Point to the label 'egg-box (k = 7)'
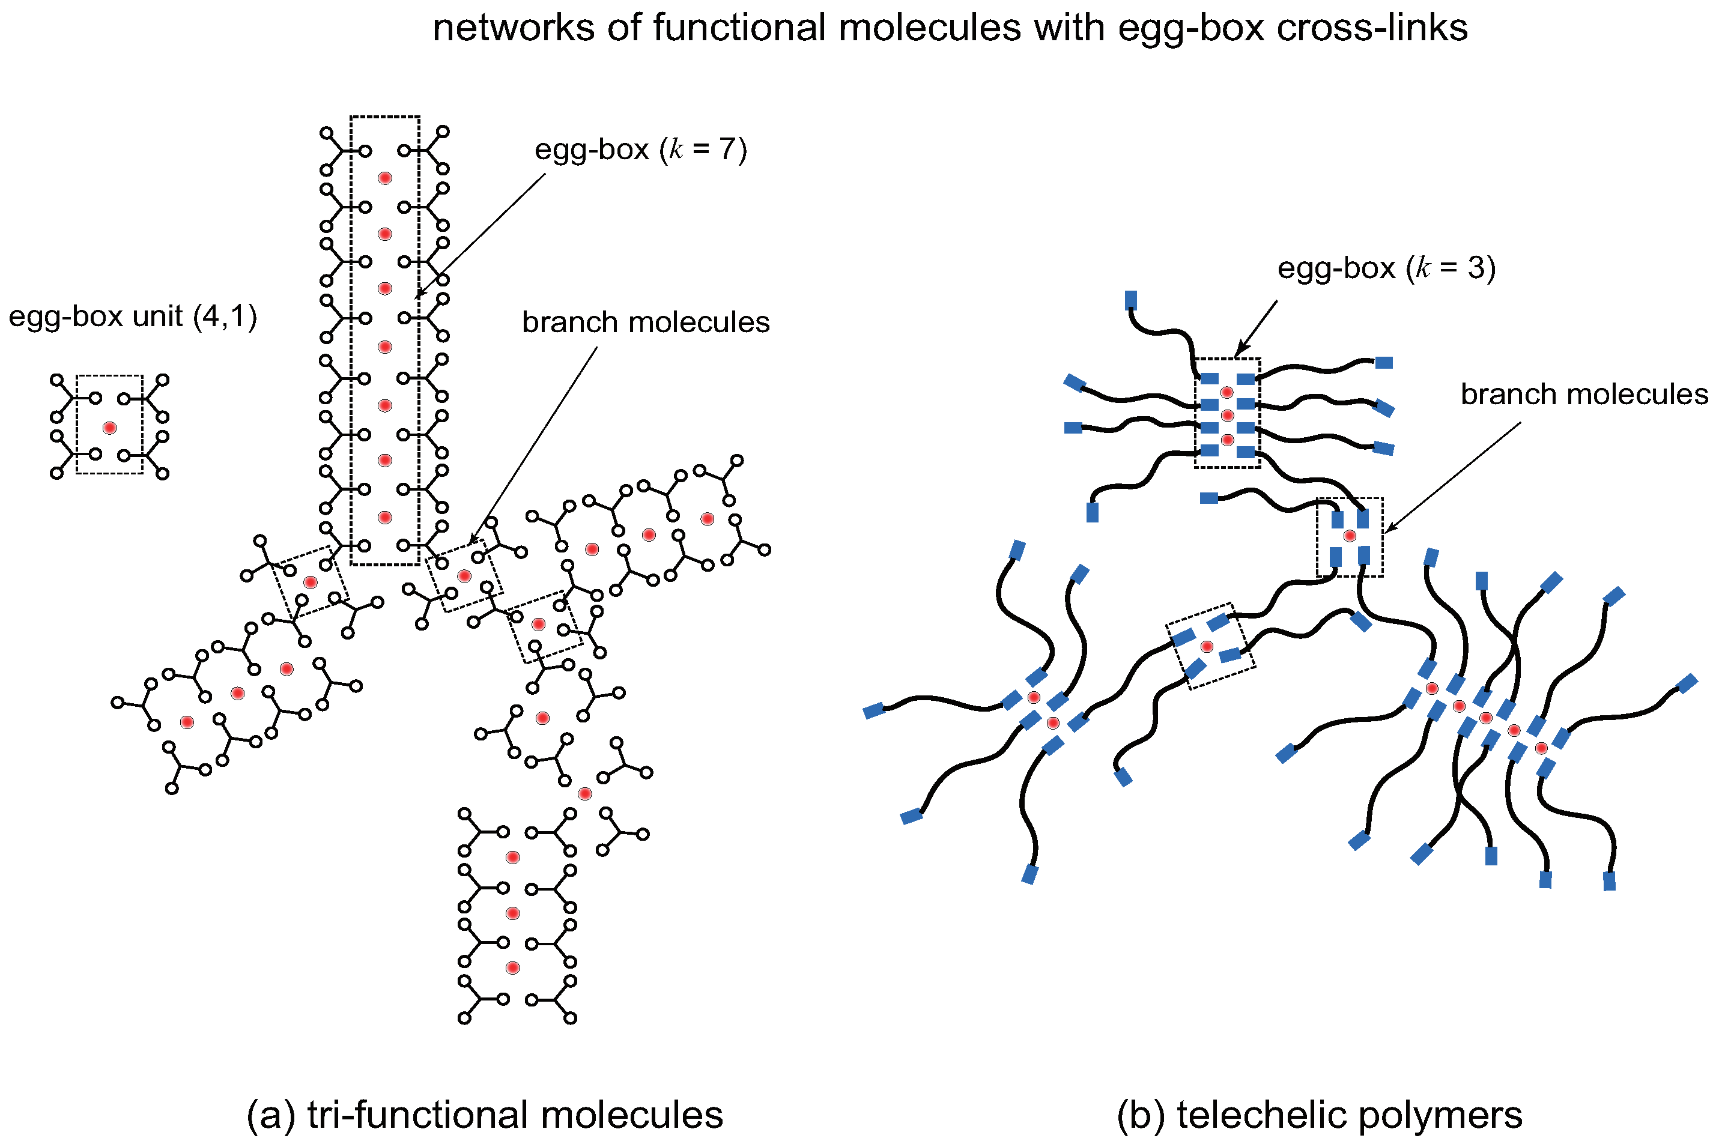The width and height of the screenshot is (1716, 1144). pos(641,150)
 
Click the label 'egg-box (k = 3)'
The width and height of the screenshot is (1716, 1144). pos(1386,268)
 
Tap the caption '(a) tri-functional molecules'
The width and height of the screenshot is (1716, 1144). pos(485,1115)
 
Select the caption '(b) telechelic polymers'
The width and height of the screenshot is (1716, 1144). pos(1319,1115)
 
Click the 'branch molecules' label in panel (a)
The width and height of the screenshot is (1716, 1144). pos(646,322)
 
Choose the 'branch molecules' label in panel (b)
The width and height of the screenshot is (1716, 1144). pos(1583,395)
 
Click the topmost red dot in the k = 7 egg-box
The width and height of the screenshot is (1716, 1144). pos(385,178)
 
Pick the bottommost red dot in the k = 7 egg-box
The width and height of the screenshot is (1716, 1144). pos(385,517)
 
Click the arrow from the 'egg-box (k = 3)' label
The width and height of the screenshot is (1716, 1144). pos(1256,329)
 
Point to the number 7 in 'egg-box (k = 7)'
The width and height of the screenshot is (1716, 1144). pos(727,150)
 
